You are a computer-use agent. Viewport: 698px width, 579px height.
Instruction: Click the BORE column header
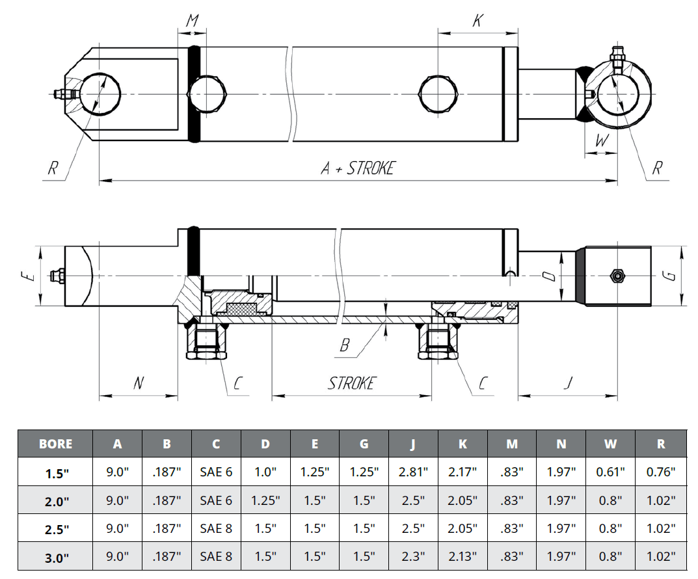pyautogui.click(x=55, y=444)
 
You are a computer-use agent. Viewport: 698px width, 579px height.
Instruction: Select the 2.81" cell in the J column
pyautogui.click(x=414, y=472)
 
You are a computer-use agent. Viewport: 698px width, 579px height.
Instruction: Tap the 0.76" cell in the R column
pyautogui.click(x=661, y=472)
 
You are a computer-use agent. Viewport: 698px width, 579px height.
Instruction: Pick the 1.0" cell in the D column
pyautogui.click(x=265, y=472)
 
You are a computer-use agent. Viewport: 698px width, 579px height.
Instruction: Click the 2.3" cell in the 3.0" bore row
pyautogui.click(x=414, y=556)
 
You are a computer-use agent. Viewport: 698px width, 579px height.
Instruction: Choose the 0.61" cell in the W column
pyautogui.click(x=610, y=472)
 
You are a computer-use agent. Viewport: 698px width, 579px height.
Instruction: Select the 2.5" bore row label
pyautogui.click(x=55, y=529)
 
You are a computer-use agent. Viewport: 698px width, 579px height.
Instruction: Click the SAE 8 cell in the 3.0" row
pyautogui.click(x=216, y=556)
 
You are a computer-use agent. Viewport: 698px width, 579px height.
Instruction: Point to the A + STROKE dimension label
pyautogui.click(x=358, y=168)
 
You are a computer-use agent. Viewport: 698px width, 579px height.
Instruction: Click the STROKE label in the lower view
pyautogui.click(x=351, y=383)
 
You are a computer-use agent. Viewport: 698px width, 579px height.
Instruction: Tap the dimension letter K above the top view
pyautogui.click(x=477, y=21)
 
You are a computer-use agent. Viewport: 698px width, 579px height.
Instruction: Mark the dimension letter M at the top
pyautogui.click(x=193, y=21)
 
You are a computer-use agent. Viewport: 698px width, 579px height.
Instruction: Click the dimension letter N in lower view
pyautogui.click(x=138, y=383)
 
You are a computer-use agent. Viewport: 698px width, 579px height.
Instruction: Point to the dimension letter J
pyautogui.click(x=568, y=383)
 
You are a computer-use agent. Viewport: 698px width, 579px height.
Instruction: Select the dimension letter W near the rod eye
pyautogui.click(x=602, y=140)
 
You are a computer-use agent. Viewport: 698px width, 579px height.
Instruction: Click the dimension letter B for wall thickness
pyautogui.click(x=345, y=345)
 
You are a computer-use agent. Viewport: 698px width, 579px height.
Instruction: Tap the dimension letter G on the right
pyautogui.click(x=671, y=276)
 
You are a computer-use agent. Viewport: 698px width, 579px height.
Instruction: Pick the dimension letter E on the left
pyautogui.click(x=26, y=276)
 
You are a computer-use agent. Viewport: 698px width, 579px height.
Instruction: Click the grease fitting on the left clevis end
pyautogui.click(x=60, y=95)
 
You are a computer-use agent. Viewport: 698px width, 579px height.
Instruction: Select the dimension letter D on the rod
pyautogui.click(x=550, y=276)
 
